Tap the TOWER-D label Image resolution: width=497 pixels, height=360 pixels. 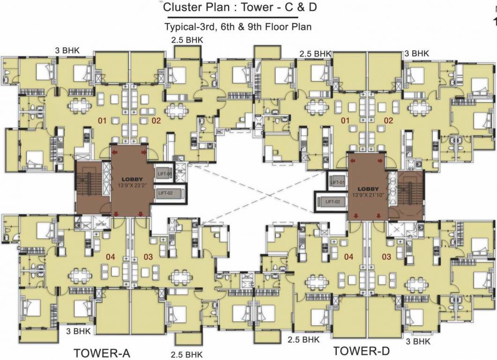361,350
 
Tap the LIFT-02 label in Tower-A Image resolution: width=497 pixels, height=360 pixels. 166,192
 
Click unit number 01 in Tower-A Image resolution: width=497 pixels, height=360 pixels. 102,121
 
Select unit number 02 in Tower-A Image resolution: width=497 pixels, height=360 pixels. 156,121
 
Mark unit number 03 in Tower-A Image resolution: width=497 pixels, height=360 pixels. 148,256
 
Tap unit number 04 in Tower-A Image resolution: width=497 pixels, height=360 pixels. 110,256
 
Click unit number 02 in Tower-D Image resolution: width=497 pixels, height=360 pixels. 388,121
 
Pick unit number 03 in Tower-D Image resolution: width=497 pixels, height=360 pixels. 386,256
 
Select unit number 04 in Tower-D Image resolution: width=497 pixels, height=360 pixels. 348,256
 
